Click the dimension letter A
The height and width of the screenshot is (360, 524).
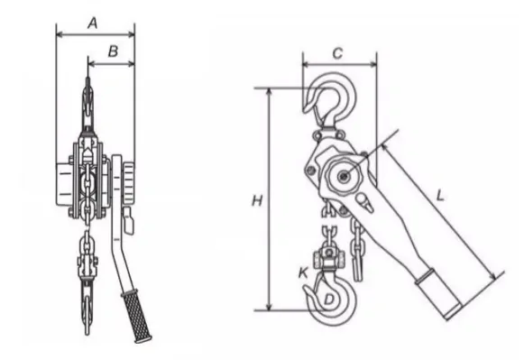point(93,23)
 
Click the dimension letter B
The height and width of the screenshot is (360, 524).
point(114,51)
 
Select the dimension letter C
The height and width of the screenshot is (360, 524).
point(338,53)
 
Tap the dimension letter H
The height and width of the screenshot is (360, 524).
point(257,201)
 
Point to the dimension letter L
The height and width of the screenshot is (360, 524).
point(441,196)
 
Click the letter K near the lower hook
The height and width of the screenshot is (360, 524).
point(303,272)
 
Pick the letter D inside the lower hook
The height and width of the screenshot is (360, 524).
point(329,299)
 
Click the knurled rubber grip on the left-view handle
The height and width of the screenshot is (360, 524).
point(137,316)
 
